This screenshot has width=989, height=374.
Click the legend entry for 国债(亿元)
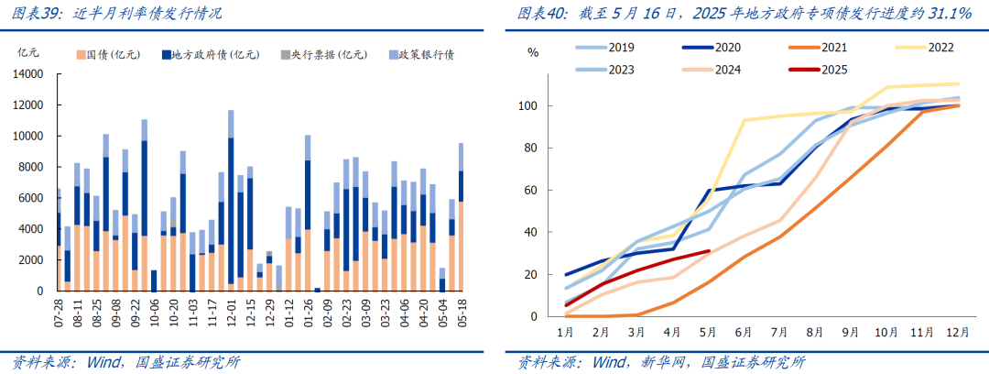click(x=109, y=54)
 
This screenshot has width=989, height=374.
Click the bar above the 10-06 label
click(x=153, y=280)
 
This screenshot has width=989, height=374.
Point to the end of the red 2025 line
click(x=709, y=250)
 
